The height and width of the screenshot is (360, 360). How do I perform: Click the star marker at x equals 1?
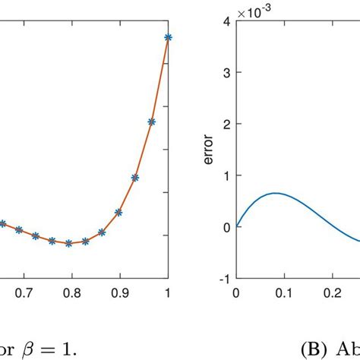168,36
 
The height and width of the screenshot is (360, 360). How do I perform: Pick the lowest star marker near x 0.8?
69,243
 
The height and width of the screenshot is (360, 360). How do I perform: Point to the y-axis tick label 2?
226,124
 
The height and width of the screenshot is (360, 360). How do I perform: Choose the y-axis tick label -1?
223,278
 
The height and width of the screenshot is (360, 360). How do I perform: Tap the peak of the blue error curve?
276,193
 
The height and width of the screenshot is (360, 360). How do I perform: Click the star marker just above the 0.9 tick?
118,213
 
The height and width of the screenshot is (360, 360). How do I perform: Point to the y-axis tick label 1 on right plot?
226,175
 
